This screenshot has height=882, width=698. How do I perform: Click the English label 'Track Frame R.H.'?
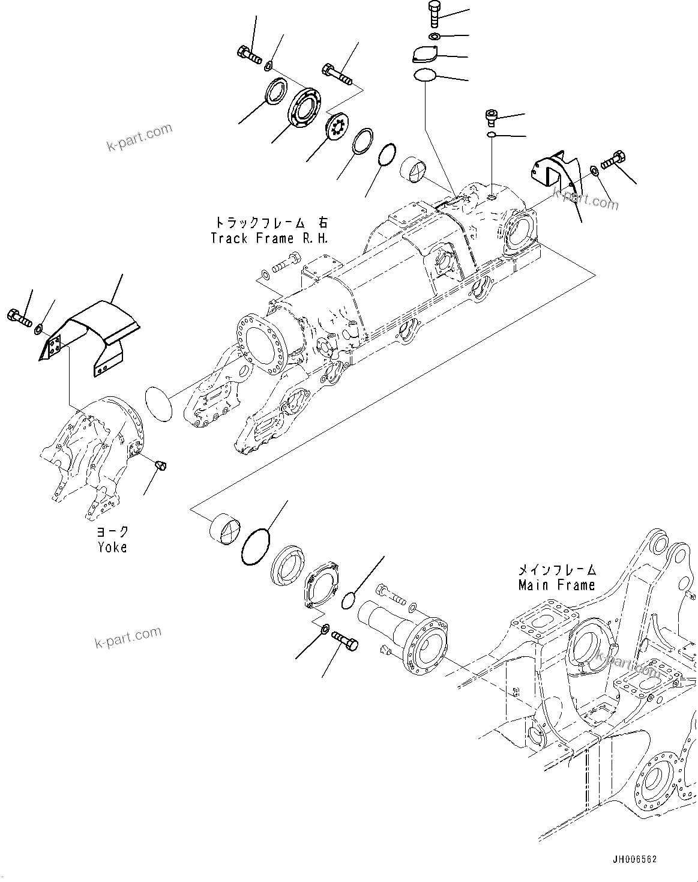pyautogui.click(x=269, y=238)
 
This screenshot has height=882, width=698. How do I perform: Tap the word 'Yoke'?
pyautogui.click(x=112, y=547)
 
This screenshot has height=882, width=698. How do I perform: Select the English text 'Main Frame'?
pyautogui.click(x=556, y=585)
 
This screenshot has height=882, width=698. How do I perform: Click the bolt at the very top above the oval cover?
pyautogui.click(x=435, y=14)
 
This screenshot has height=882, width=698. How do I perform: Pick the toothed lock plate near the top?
pyautogui.click(x=333, y=125)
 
